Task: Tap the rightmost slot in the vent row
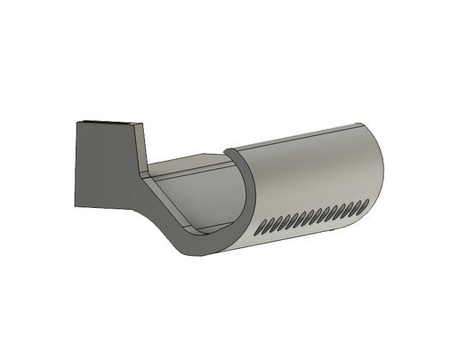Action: [363, 204]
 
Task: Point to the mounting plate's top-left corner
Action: [76, 121]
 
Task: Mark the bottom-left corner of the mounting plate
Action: [76, 211]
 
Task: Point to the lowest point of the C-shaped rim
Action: [208, 259]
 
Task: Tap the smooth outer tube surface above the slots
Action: [311, 169]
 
